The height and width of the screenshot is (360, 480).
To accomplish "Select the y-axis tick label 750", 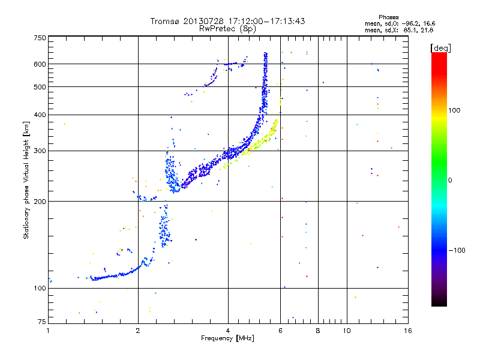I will (40, 38).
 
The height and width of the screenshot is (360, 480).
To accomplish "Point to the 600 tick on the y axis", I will (40, 64).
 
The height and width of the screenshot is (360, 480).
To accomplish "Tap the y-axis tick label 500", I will (40, 87).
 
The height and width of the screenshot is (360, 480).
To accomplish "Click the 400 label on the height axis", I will (40, 115).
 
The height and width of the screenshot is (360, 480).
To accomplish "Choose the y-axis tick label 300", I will (40, 151).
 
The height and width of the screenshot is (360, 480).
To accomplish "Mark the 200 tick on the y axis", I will (40, 202).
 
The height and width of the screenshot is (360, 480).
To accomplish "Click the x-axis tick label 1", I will (49, 331).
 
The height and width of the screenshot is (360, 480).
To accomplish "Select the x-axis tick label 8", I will (318, 331).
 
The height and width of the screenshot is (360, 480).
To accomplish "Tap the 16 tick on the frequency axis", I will (407, 331).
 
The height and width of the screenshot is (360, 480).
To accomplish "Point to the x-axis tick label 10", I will (347, 331).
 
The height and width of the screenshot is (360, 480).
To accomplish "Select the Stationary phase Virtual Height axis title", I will (26, 180).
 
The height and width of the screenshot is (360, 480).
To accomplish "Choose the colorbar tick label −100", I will (457, 250).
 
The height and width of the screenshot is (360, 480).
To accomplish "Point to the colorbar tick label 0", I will (451, 180).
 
